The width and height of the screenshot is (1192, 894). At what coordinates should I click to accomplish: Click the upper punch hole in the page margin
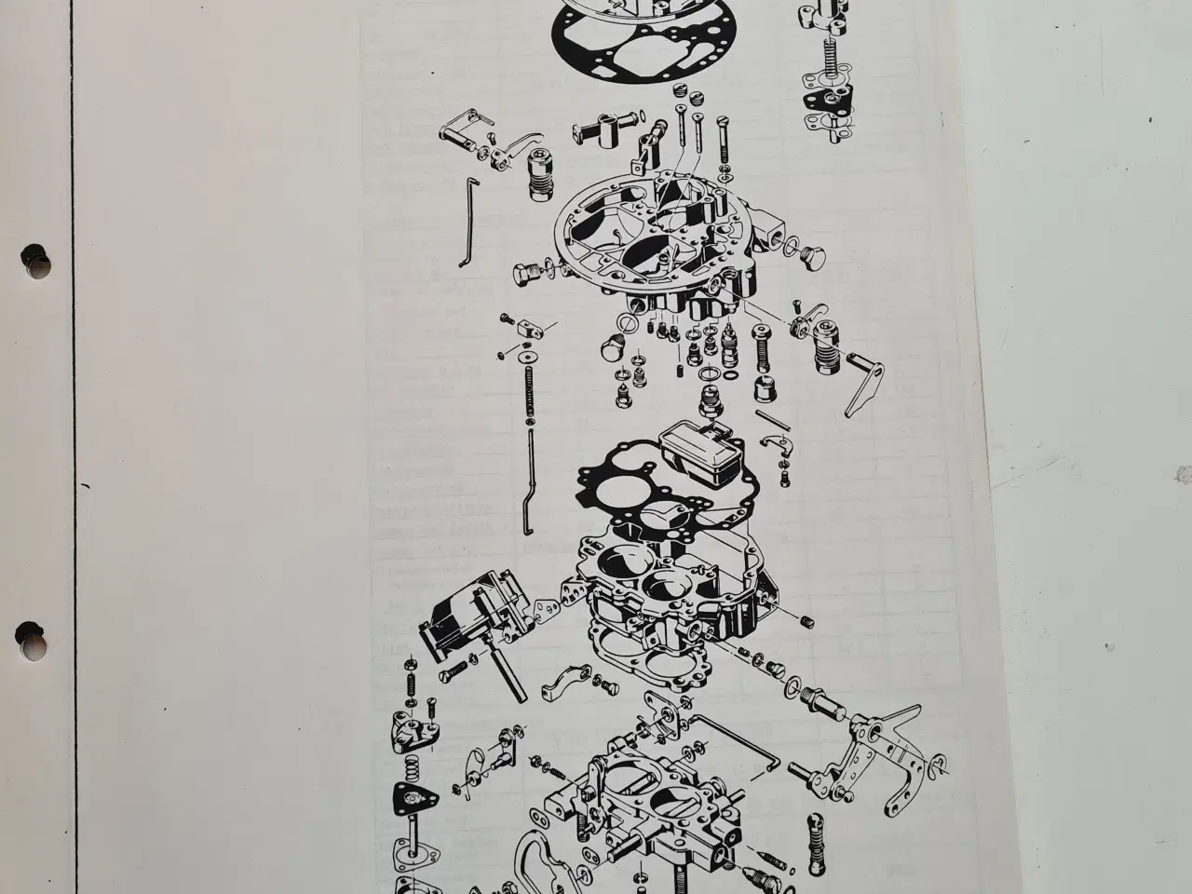pyautogui.click(x=35, y=259)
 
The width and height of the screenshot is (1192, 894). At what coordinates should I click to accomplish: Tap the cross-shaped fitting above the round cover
pyautogui.click(x=605, y=137)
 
